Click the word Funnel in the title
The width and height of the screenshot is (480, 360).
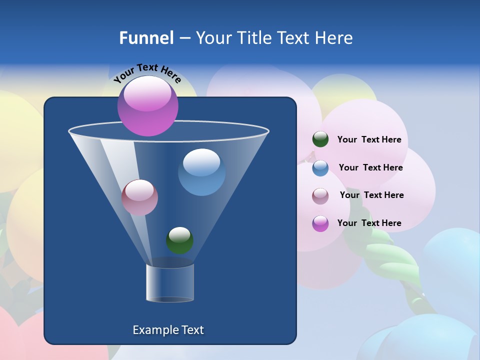click(146, 38)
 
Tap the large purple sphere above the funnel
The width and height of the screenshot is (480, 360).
click(148, 105)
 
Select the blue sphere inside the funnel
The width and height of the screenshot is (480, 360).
click(201, 172)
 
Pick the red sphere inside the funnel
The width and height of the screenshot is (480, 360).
click(139, 197)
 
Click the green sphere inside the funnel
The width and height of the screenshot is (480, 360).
click(179, 240)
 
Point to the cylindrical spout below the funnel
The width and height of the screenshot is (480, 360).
click(170, 283)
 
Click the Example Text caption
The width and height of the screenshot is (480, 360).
click(168, 330)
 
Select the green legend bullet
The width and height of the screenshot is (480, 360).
click(320, 139)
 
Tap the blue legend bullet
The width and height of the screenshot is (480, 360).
click(320, 168)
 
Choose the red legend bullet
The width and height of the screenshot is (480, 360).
click(320, 195)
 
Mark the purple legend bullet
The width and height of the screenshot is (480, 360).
click(320, 223)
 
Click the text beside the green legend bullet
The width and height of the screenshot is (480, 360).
click(369, 140)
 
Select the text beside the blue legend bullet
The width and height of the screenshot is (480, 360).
click(370, 168)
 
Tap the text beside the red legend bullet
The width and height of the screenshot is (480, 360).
click(371, 195)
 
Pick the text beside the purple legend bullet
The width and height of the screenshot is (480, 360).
click(369, 223)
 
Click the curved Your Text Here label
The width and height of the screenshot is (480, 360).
click(147, 73)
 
